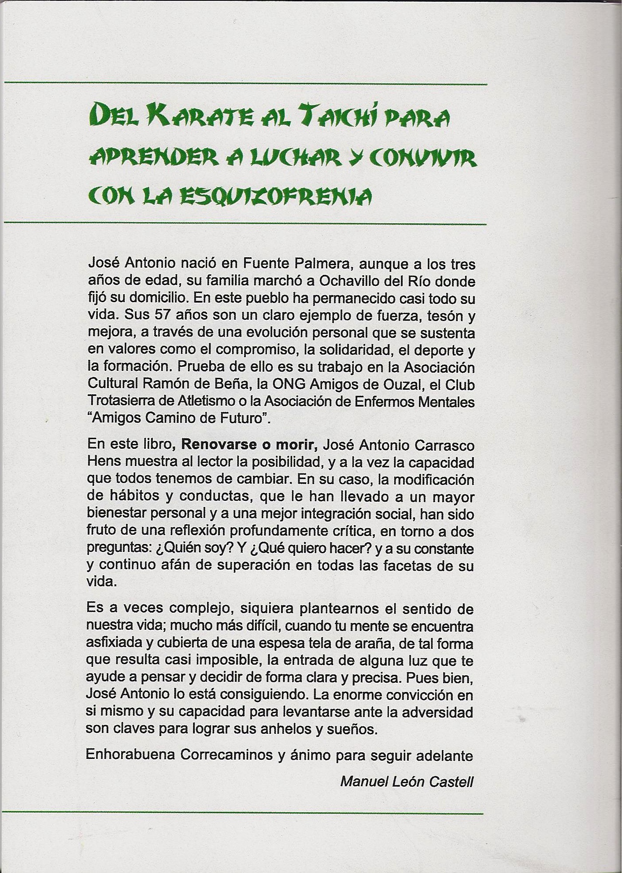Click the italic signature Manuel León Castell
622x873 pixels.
click(x=407, y=782)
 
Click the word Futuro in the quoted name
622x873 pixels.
click(x=241, y=419)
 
